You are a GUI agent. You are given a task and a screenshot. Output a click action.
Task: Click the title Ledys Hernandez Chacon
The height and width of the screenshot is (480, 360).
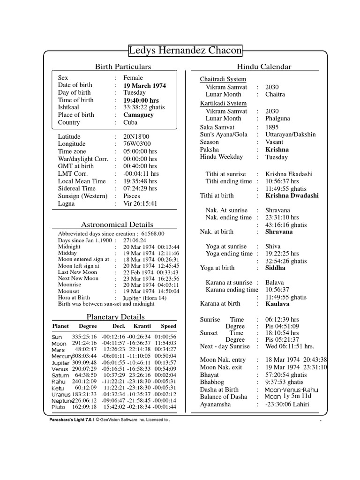tap(186, 50)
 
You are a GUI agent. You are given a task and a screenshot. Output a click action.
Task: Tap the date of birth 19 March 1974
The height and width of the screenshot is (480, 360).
tap(144, 85)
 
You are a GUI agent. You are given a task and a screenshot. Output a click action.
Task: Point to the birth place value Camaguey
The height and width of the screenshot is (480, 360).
tap(139, 115)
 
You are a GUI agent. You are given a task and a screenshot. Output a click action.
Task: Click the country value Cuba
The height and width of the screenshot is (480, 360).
tap(131, 122)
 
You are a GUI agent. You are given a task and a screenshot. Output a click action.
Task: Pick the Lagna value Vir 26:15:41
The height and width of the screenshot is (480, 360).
tap(140, 203)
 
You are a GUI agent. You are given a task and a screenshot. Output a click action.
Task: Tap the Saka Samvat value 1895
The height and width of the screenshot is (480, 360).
tap(272, 127)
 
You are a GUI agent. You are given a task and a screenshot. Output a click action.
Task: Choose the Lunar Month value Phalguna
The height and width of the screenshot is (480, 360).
tap(278, 119)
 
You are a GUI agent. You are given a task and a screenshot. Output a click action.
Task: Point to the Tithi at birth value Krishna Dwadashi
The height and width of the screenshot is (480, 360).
tap(292, 195)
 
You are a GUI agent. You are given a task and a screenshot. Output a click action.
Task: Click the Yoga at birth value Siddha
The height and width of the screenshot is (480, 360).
tap(275, 268)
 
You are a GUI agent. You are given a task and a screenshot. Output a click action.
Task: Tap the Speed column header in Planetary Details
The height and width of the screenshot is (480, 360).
tap(168, 326)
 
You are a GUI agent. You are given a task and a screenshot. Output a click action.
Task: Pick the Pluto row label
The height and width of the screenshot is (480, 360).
tap(59, 407)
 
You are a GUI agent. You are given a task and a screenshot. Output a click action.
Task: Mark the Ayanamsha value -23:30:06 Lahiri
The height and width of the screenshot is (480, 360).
tap(287, 404)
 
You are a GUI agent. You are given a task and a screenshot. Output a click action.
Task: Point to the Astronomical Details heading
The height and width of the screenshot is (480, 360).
tap(117, 225)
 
